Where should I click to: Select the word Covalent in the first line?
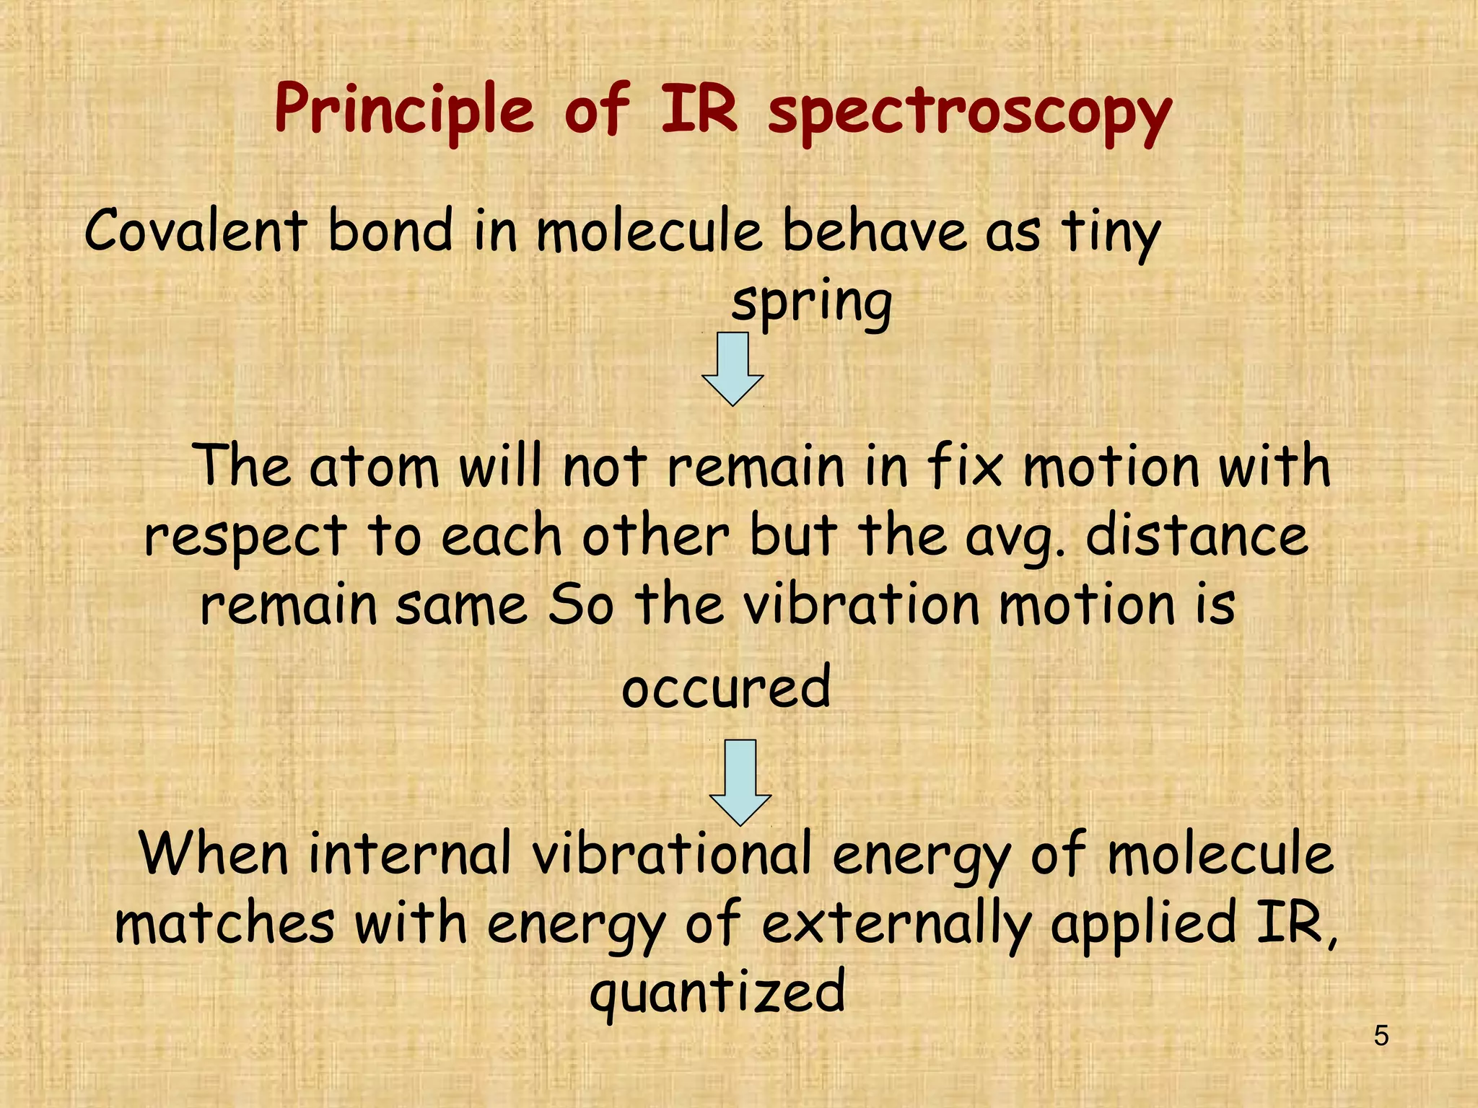(196, 231)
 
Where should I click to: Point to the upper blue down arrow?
(733, 368)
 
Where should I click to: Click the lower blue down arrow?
(740, 781)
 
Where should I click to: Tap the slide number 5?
(1381, 1037)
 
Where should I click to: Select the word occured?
(726, 687)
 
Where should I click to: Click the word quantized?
(717, 992)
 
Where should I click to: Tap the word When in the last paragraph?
(214, 854)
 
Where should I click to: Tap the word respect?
(245, 537)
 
